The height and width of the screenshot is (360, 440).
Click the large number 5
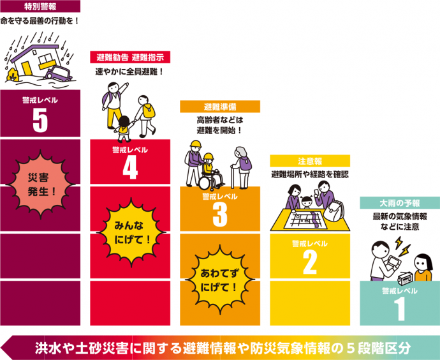[40, 121]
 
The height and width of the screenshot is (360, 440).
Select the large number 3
[219, 215]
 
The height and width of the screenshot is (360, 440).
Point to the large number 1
[400, 308]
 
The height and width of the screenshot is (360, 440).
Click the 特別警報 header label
[40, 6]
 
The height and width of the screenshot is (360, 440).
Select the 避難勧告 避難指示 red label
[129, 57]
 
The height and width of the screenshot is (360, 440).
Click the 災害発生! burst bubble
[40, 181]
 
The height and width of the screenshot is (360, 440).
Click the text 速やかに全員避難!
[129, 72]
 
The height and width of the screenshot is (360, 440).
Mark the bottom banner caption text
[223, 349]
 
